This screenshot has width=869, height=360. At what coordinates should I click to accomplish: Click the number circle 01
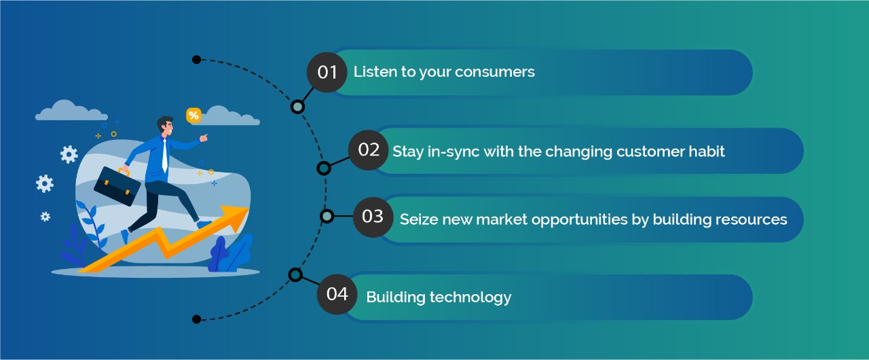click(327, 72)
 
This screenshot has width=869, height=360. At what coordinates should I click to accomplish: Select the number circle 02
click(368, 149)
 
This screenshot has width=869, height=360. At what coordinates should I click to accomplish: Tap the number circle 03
click(373, 217)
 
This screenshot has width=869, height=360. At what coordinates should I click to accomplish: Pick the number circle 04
click(337, 294)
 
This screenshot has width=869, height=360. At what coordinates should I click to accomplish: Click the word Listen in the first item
click(375, 72)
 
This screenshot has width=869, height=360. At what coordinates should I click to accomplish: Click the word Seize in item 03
click(419, 219)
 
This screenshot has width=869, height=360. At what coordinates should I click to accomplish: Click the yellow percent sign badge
click(193, 115)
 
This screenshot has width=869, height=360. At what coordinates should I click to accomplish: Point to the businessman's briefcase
click(117, 186)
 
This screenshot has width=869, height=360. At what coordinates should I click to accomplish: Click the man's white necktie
click(165, 155)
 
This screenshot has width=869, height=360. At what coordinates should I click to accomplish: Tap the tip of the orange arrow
click(248, 209)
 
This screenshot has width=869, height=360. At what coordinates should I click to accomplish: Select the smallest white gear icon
click(45, 217)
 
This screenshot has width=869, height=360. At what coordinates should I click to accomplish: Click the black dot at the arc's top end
click(197, 60)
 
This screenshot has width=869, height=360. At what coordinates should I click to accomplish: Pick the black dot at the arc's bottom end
click(197, 319)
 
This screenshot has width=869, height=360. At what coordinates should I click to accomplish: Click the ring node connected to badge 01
click(297, 107)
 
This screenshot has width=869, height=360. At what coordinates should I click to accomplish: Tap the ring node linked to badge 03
click(327, 216)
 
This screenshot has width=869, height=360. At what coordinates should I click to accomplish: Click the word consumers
click(495, 72)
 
